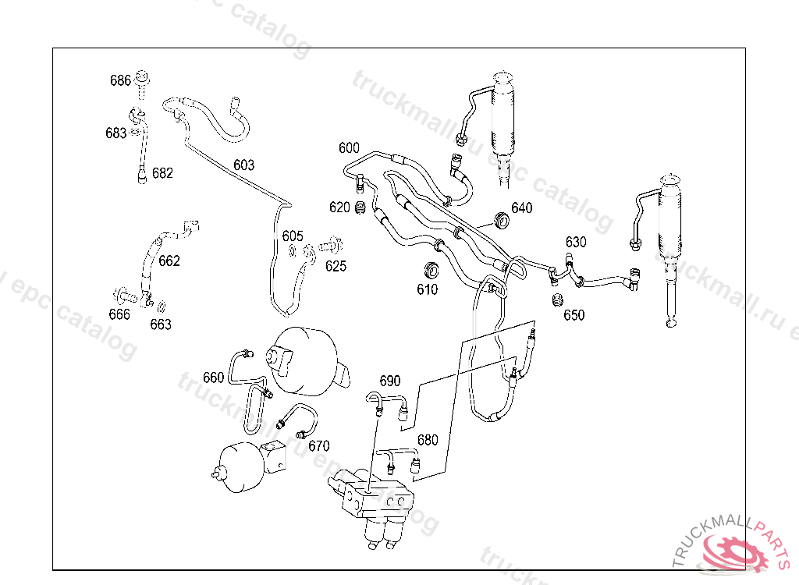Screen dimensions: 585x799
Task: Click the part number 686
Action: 120,80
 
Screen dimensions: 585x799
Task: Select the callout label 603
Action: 243,165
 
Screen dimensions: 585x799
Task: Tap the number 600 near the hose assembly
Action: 349,148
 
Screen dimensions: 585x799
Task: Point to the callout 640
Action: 522,207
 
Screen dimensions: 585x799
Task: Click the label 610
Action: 427,289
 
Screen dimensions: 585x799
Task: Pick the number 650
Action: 574,315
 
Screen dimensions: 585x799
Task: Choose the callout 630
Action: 576,242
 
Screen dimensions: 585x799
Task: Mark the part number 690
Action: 390,381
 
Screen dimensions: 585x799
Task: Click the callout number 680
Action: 428,440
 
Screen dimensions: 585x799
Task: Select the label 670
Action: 319,446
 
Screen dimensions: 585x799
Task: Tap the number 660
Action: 214,378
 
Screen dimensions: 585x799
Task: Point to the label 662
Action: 169,261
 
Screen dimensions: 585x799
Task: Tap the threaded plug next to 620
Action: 360,208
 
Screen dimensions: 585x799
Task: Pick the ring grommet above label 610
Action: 430,271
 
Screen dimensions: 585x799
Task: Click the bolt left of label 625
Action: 329,246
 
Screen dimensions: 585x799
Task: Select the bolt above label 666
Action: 125,296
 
